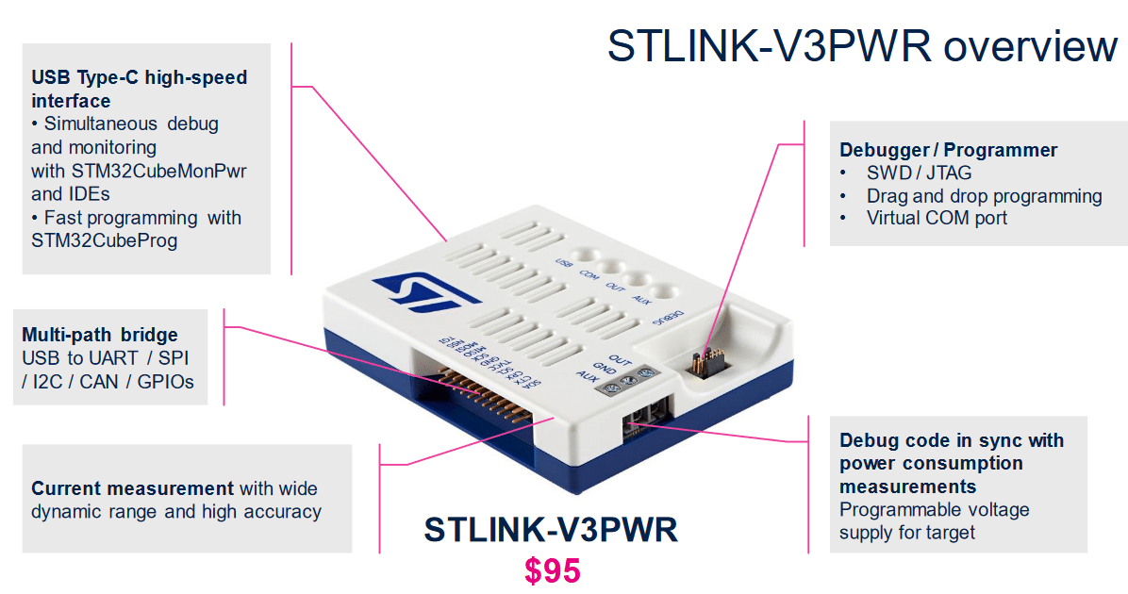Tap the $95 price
click(x=553, y=570)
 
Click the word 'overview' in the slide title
click(x=1027, y=46)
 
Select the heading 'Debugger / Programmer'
click(x=948, y=150)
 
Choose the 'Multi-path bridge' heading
click(x=100, y=335)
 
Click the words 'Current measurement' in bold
click(x=132, y=488)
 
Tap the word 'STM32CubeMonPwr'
click(x=158, y=172)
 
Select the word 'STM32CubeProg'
click(x=104, y=240)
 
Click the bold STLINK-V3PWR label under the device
click(x=551, y=529)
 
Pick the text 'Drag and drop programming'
click(x=984, y=196)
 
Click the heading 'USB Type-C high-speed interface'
click(x=139, y=89)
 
